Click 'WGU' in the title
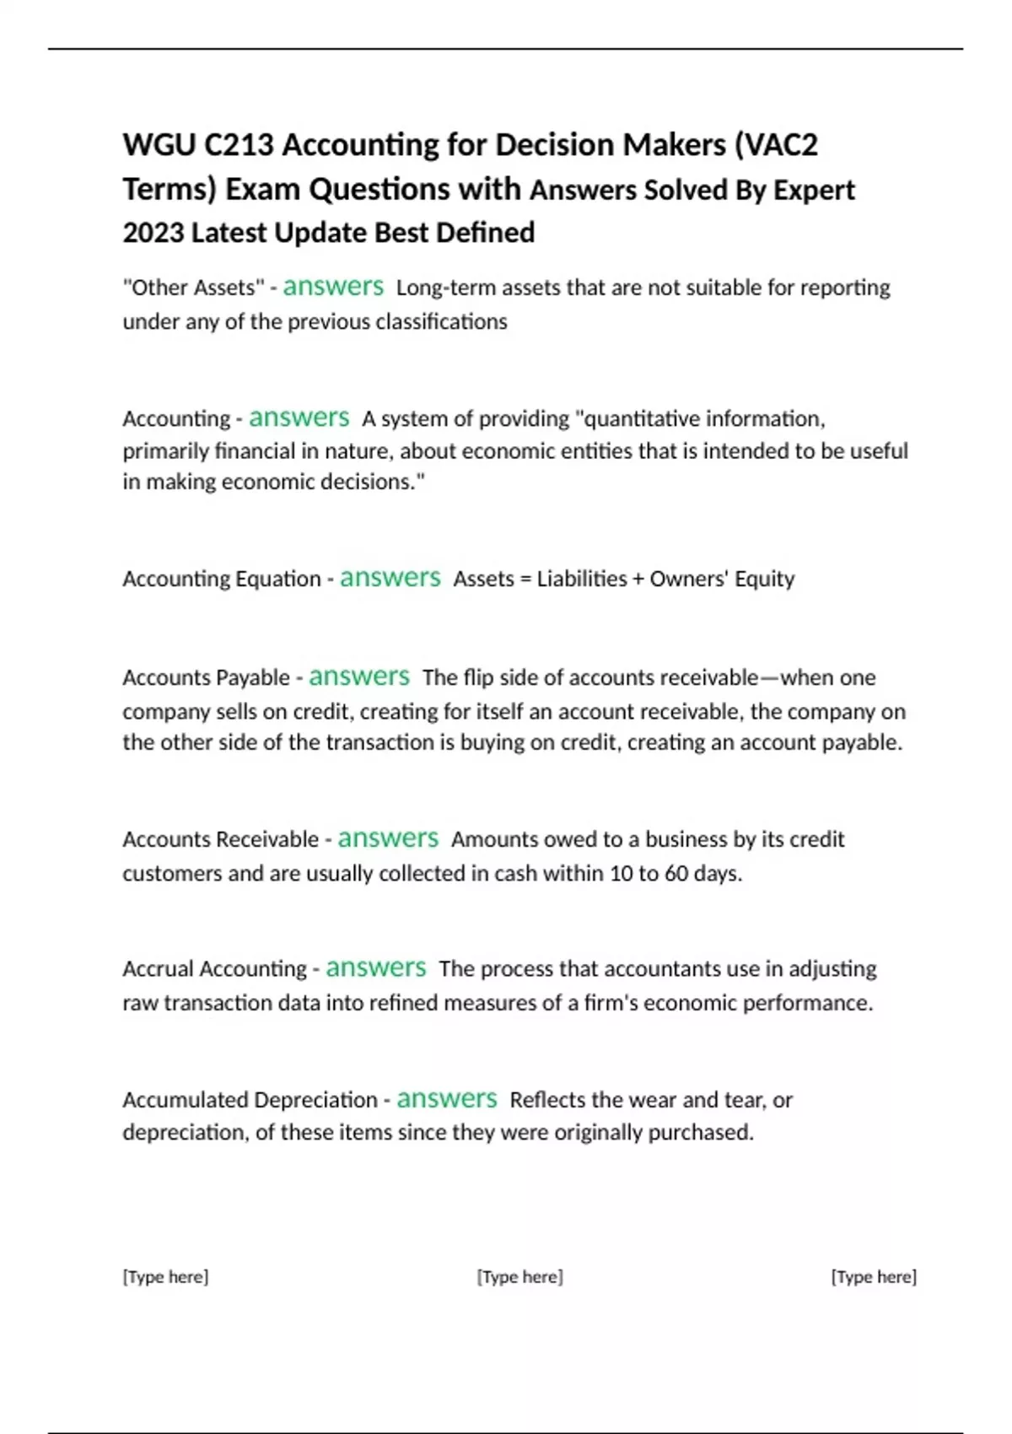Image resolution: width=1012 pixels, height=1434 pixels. pos(159,145)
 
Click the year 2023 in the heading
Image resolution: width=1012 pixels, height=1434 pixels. pos(153,233)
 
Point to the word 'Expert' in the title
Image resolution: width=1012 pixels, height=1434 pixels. pos(814,191)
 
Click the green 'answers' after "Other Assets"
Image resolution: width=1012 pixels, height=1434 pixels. pos(333,287)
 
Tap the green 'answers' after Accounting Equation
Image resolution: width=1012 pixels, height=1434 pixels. pos(390,578)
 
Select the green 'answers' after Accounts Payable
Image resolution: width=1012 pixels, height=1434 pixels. pos(359,677)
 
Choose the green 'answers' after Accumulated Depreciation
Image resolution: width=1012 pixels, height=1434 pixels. pos(447,1099)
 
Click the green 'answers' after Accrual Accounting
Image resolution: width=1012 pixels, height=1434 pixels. pos(376,968)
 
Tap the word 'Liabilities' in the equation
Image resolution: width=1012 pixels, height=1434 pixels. pos(582,579)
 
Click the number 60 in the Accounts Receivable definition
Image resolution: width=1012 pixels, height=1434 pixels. pos(676,873)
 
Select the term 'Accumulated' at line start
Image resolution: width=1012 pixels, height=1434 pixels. pos(185,1100)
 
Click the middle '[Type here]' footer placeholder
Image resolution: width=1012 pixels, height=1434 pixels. pos(520,1277)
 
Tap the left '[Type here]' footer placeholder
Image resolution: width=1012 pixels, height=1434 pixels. pos(165,1277)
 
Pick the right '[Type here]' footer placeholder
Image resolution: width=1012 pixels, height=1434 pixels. pos(874,1277)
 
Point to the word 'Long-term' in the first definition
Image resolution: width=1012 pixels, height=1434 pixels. pos(446,288)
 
